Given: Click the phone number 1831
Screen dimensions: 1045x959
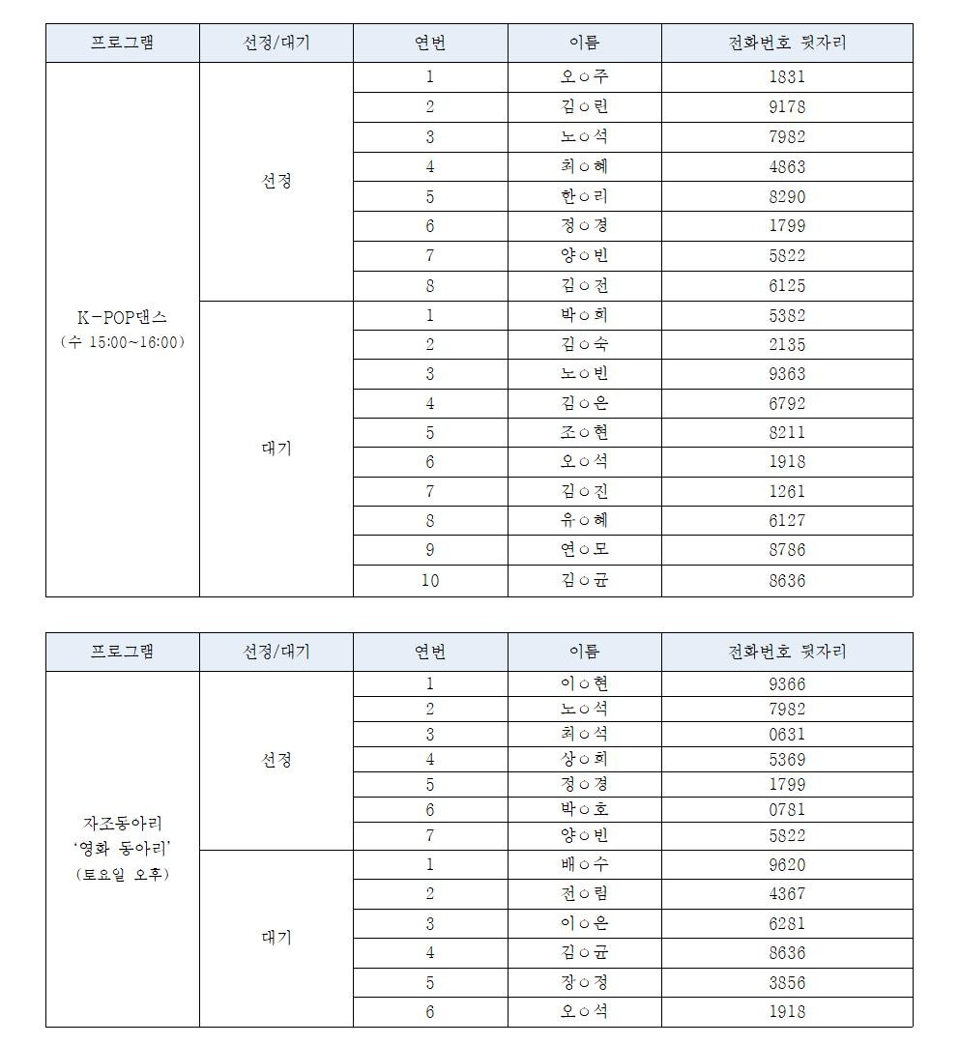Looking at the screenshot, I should coord(786,77).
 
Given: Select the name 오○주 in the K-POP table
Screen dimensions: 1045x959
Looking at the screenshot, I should coord(584,77).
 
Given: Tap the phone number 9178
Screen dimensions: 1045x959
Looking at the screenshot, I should coord(786,107).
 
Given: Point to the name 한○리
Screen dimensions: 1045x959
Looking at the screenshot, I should coord(584,196).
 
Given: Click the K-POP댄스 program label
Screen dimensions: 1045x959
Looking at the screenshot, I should coord(122,318).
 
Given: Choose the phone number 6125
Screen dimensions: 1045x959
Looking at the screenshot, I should coord(786,285).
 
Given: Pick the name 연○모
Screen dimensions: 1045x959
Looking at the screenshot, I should coord(584,550).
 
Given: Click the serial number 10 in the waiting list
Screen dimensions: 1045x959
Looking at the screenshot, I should coord(430,580).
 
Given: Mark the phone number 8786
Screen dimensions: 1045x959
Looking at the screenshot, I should coord(786,550).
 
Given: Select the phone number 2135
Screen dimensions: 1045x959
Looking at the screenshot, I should coord(786,344).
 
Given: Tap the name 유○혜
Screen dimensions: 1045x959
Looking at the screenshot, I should coord(584,520).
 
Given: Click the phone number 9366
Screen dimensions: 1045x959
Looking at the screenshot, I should coord(786,683).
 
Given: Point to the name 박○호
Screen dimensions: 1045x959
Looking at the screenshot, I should coord(584,809).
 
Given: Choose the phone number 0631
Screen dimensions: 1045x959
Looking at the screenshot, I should coord(786,734).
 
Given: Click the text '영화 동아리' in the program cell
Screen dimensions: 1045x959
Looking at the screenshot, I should coord(122,849).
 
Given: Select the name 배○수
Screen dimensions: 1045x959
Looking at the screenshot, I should coord(584,864).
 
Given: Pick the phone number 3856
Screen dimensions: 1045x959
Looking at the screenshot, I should coord(786,982).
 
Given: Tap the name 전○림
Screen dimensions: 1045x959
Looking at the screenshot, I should coord(584,893).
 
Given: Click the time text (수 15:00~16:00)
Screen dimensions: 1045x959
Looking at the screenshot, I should coord(122,342).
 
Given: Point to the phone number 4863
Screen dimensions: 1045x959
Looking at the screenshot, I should coord(786,166).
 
